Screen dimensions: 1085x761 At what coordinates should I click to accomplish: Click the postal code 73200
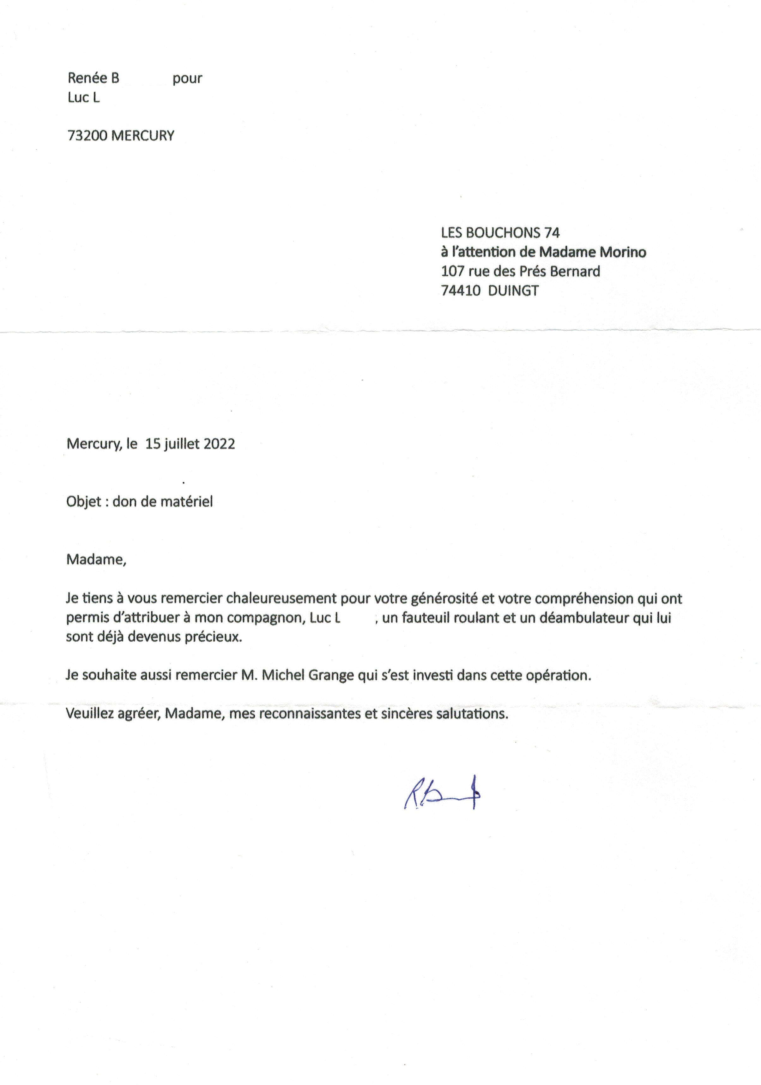tap(88, 136)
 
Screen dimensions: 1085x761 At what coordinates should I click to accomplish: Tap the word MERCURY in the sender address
tap(143, 136)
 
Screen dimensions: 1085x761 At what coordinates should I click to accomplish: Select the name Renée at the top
tap(87, 78)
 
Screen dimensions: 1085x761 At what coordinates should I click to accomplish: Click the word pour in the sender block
tap(187, 78)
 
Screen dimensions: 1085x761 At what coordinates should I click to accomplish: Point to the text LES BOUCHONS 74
tap(500, 232)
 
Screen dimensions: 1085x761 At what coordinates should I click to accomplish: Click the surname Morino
tap(623, 252)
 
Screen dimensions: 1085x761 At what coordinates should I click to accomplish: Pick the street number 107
tap(452, 271)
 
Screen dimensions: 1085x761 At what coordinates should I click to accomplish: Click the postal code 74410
tap(460, 291)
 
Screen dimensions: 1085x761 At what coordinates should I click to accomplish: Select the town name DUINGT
tap(513, 291)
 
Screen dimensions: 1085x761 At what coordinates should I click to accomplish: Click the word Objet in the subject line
tap(84, 501)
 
